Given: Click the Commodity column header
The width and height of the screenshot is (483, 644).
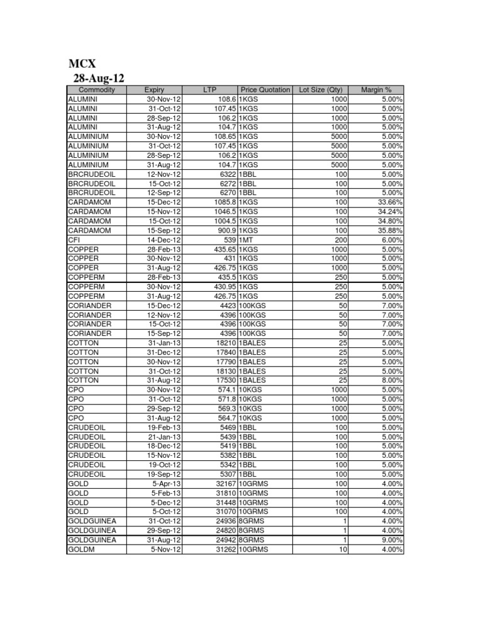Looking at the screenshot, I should click(97, 90).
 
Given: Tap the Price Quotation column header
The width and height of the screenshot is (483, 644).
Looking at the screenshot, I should click(265, 90).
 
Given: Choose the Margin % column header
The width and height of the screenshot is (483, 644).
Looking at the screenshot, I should click(376, 90).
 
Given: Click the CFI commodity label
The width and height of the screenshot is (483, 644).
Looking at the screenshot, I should click(73, 240).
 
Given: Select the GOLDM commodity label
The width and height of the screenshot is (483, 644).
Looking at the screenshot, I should click(80, 550).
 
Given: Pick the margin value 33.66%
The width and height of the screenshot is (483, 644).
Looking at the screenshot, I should click(390, 203).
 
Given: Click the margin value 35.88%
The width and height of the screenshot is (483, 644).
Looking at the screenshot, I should click(390, 230).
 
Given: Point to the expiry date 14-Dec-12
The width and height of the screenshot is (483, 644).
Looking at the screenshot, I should click(164, 240).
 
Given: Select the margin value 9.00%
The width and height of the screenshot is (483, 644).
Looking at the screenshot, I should click(392, 540).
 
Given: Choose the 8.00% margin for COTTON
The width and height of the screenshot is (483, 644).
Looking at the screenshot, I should click(392, 380).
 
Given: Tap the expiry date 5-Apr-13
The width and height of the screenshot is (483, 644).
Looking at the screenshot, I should click(167, 484).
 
